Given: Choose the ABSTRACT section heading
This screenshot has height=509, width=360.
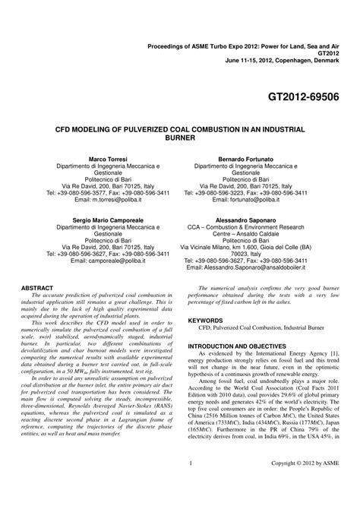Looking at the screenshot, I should pos(37,289).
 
